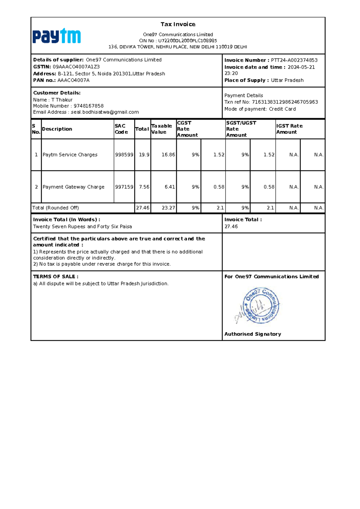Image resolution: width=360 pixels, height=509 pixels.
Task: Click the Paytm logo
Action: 57,36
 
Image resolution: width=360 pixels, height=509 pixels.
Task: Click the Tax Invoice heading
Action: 178,24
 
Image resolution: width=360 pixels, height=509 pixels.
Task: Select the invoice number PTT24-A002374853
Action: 294,60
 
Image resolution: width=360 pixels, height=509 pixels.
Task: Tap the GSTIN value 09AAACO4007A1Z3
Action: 76,67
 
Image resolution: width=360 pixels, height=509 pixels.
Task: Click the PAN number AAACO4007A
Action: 73,80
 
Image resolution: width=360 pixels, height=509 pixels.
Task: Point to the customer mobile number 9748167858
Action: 88,106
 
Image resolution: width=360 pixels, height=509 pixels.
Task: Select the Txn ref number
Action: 285,102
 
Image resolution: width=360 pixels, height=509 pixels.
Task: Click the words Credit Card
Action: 282,109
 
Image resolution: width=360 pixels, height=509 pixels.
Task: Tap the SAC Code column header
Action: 121,129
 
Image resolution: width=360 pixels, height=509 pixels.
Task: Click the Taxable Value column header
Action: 162,129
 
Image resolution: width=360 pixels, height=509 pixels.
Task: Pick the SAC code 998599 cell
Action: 124,155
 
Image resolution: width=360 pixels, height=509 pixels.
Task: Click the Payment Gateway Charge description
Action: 73,187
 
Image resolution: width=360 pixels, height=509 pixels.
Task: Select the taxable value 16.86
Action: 168,155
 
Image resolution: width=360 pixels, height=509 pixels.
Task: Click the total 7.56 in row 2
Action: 144,187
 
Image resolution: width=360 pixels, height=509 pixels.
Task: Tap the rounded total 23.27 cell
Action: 168,208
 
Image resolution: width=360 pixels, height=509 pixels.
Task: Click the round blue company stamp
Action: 261,305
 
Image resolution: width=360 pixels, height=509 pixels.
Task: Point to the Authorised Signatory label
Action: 253,334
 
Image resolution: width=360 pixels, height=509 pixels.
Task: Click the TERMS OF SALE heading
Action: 56,277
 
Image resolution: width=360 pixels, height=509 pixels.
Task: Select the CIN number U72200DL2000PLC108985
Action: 187,41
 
